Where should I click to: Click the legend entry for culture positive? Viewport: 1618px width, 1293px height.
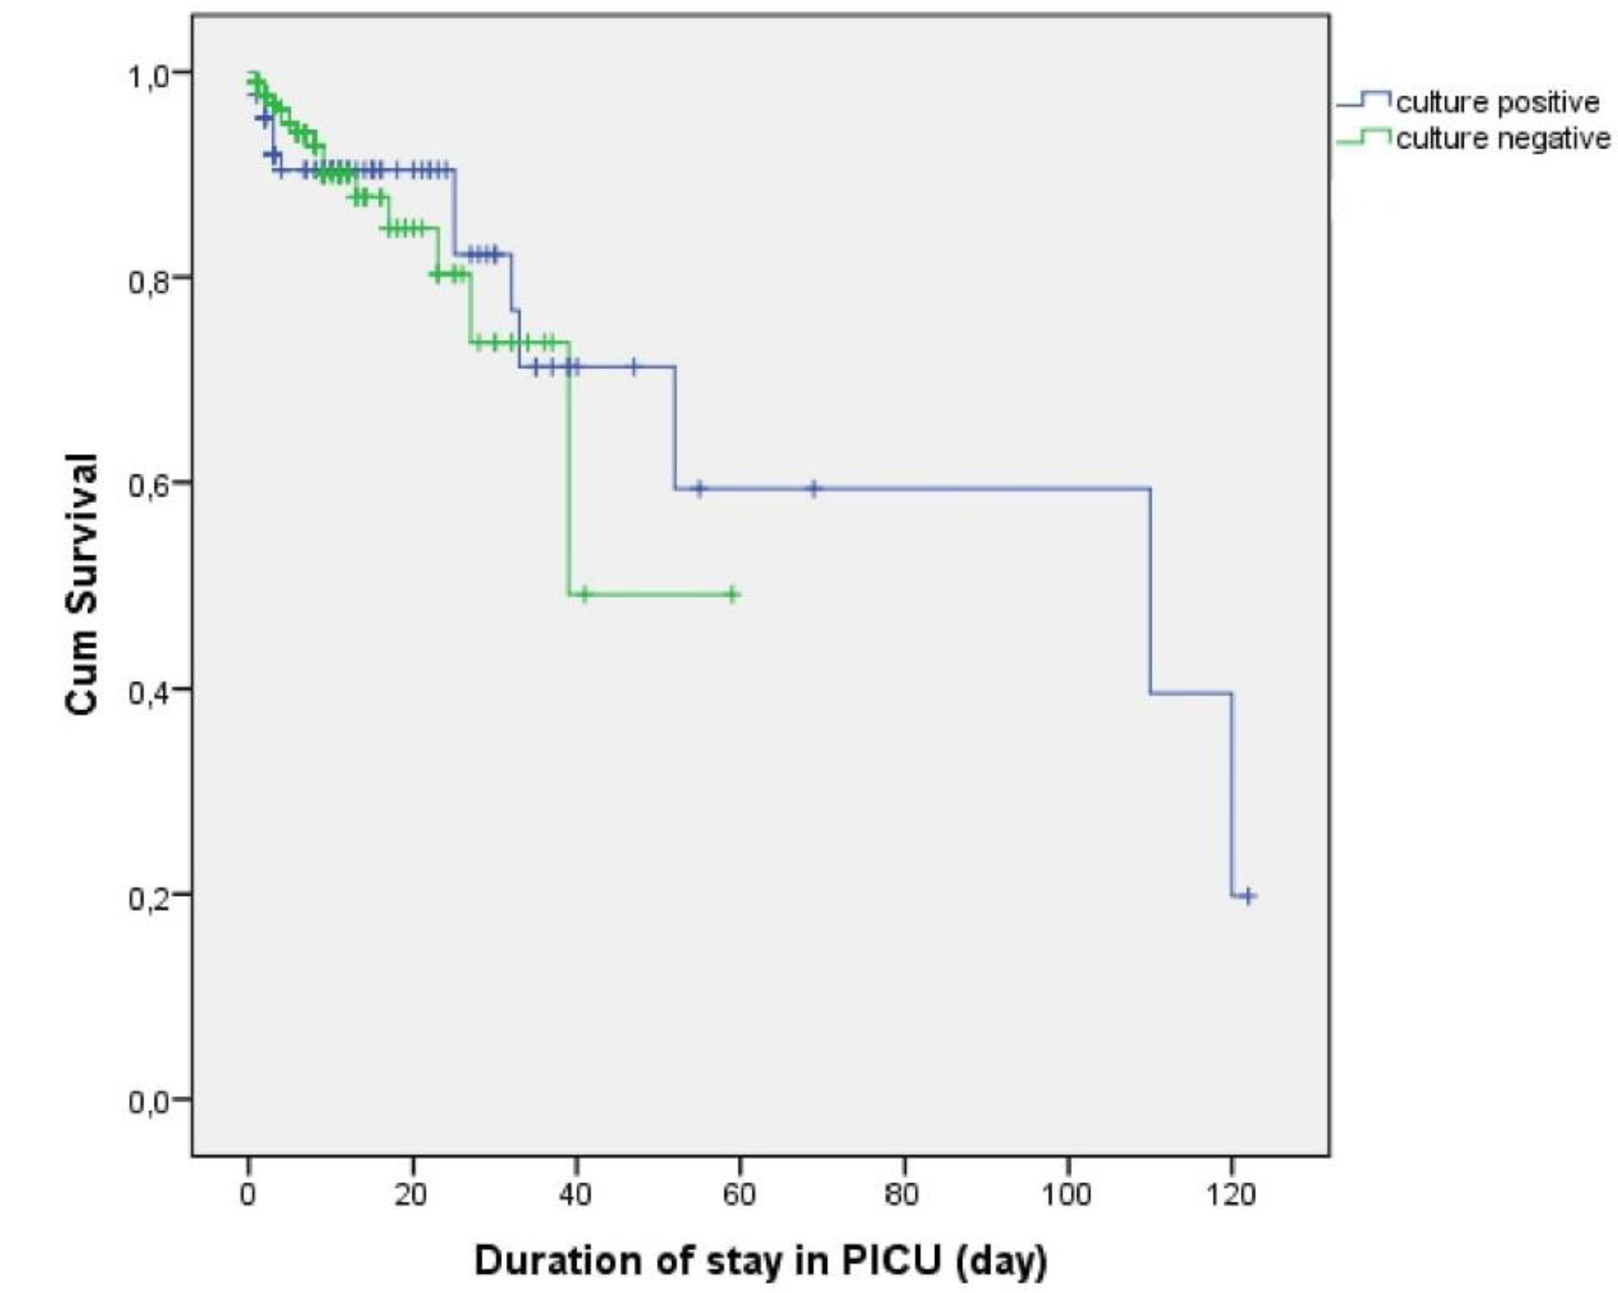coord(1497,102)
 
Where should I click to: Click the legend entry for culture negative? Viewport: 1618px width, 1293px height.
coord(1503,139)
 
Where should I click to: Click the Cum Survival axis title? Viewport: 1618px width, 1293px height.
coord(81,585)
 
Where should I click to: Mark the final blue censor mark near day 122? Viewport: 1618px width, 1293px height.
coord(1248,896)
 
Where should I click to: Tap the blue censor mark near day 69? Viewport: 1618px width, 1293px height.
coord(813,489)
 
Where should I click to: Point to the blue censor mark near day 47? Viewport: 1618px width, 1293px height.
coord(634,367)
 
